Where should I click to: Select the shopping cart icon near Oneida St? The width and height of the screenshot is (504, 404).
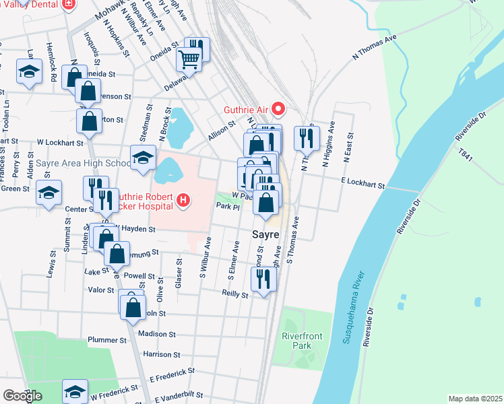[x=189, y=59]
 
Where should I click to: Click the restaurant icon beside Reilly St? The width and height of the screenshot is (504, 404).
[x=263, y=279]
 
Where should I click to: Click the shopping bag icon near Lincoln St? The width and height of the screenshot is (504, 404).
[x=133, y=306]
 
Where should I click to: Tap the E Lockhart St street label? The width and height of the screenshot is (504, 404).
[x=363, y=183]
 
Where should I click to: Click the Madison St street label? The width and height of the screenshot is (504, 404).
[x=156, y=333]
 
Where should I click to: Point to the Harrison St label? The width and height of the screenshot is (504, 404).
[x=159, y=354]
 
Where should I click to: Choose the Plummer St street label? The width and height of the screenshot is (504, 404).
[x=98, y=340]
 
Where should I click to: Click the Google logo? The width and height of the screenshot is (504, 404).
[x=22, y=396]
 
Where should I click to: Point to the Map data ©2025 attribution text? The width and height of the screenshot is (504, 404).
[x=474, y=399]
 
